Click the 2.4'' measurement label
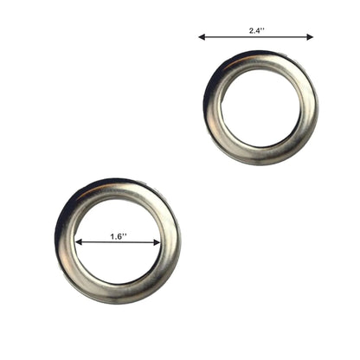coord(257,31)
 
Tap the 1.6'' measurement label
coord(119,236)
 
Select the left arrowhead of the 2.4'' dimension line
coord(202,37)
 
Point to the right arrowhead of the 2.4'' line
coord(310,37)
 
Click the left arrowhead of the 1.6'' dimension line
coord(78,242)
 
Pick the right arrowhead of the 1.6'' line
coord(157,242)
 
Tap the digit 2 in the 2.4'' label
coord(252,31)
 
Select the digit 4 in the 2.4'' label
coord(258,31)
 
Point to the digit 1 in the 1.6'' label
coord(112,236)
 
